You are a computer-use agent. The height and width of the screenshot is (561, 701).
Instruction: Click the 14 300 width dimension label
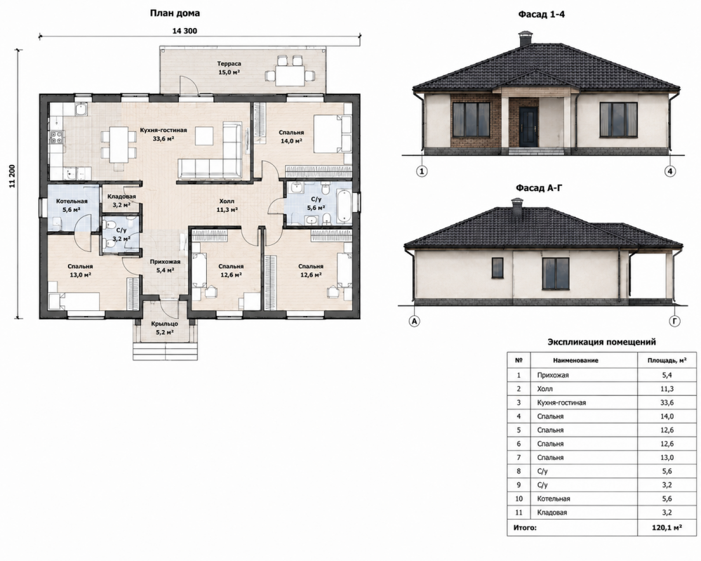coord(184,31)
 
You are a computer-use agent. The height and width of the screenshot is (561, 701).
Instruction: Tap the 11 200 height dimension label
coord(12,176)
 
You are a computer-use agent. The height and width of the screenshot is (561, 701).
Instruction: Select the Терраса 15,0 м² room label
coord(229,68)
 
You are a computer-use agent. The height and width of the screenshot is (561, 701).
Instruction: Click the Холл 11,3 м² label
coord(227,205)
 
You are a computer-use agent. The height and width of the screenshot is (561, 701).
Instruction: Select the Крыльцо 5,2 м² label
coord(164,328)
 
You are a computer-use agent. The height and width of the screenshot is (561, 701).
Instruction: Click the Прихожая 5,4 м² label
coord(165,265)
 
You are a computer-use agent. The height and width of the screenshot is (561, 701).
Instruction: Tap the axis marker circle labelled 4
coord(669,171)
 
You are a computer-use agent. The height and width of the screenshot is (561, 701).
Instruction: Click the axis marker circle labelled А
coord(415,321)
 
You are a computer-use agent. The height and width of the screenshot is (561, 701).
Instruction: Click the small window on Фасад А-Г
coord(498,267)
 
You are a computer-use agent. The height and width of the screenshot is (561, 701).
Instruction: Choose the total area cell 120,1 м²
coord(667,528)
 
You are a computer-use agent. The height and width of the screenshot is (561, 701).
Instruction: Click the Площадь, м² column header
coord(667,360)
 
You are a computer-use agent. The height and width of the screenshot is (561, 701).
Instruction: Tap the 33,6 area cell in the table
coord(667,402)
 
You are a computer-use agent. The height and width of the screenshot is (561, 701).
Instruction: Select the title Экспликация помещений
coord(602,342)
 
